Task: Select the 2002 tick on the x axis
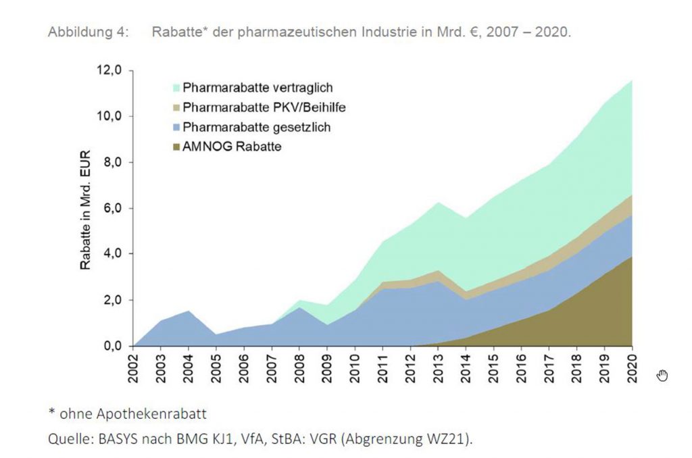(x=134, y=368)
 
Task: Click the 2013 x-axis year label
(x=438, y=368)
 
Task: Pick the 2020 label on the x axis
(x=631, y=368)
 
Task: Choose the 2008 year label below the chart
(x=300, y=368)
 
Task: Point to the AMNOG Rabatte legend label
(x=232, y=147)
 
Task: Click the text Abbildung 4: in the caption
(x=88, y=32)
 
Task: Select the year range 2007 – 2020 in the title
(x=529, y=32)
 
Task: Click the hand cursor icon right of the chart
(x=662, y=376)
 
